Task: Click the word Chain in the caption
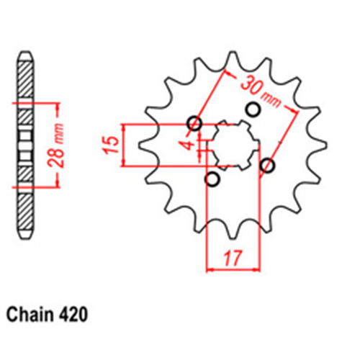(x=27, y=315)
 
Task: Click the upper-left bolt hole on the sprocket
(x=194, y=122)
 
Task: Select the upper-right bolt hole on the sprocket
(x=253, y=109)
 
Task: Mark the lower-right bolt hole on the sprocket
(x=268, y=166)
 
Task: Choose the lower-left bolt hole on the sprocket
(x=212, y=179)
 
